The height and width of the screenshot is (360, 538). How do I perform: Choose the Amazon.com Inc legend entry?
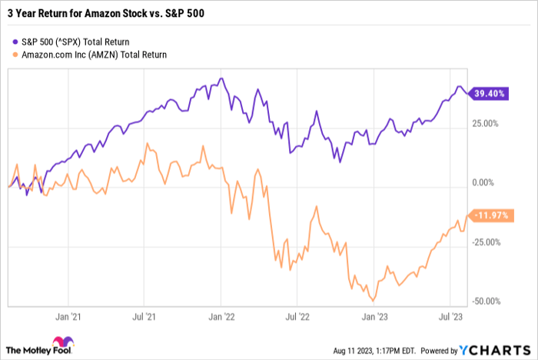point(95,55)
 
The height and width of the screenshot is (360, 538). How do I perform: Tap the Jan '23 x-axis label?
point(374,315)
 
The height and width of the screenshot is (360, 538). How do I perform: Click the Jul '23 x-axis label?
point(449,315)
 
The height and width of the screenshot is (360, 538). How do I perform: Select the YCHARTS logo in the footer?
point(500,348)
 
